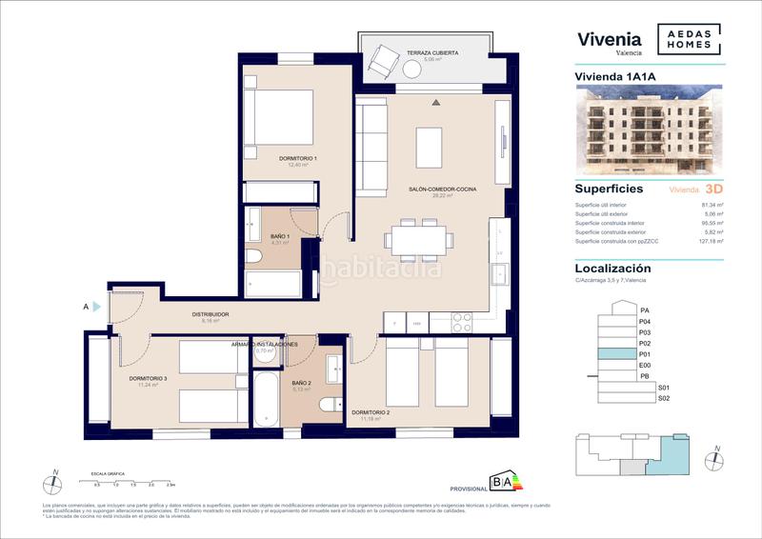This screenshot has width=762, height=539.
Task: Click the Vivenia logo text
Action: click(610, 39)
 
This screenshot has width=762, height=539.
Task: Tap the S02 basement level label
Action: click(664, 399)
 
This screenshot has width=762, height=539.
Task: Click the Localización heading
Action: click(612, 269)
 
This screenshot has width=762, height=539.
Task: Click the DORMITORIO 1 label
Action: click(297, 157)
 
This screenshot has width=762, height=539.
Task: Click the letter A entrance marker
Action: click(87, 307)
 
